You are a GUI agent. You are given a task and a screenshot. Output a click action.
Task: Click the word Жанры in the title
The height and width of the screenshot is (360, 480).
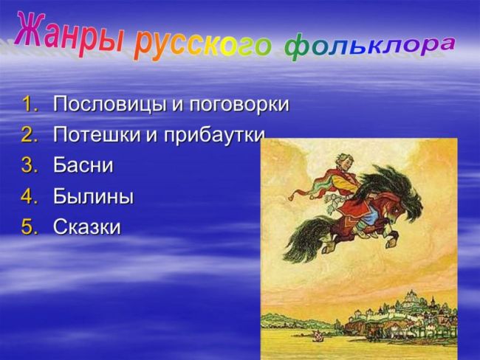point(68,34)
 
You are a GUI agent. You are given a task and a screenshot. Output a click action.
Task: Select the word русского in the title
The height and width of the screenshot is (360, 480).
point(202,46)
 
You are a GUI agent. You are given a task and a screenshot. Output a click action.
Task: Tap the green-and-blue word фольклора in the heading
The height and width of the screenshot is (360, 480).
point(370,47)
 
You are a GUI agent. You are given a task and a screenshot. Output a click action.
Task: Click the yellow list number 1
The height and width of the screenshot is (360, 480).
point(30,104)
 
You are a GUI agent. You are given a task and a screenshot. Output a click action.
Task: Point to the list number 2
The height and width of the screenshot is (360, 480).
point(30,134)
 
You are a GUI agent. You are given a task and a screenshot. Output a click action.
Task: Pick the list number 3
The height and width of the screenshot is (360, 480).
point(30,165)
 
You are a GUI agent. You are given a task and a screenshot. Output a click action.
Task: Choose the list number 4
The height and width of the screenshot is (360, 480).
point(30,196)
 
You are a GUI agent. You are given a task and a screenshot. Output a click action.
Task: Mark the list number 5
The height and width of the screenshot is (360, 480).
point(30,226)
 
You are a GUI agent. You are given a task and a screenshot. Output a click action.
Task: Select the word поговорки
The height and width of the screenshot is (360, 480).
point(239,105)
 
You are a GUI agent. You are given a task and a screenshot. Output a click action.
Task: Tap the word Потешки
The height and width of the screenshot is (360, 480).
point(97,135)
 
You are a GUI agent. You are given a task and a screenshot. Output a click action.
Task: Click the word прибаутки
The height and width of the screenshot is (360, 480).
point(214,136)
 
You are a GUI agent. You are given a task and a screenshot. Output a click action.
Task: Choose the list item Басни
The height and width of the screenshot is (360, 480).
point(83,165)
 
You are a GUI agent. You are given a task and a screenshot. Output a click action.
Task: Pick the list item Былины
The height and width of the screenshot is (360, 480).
point(93,196)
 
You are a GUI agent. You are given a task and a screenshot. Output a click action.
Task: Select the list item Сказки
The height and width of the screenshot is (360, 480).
point(87,226)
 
